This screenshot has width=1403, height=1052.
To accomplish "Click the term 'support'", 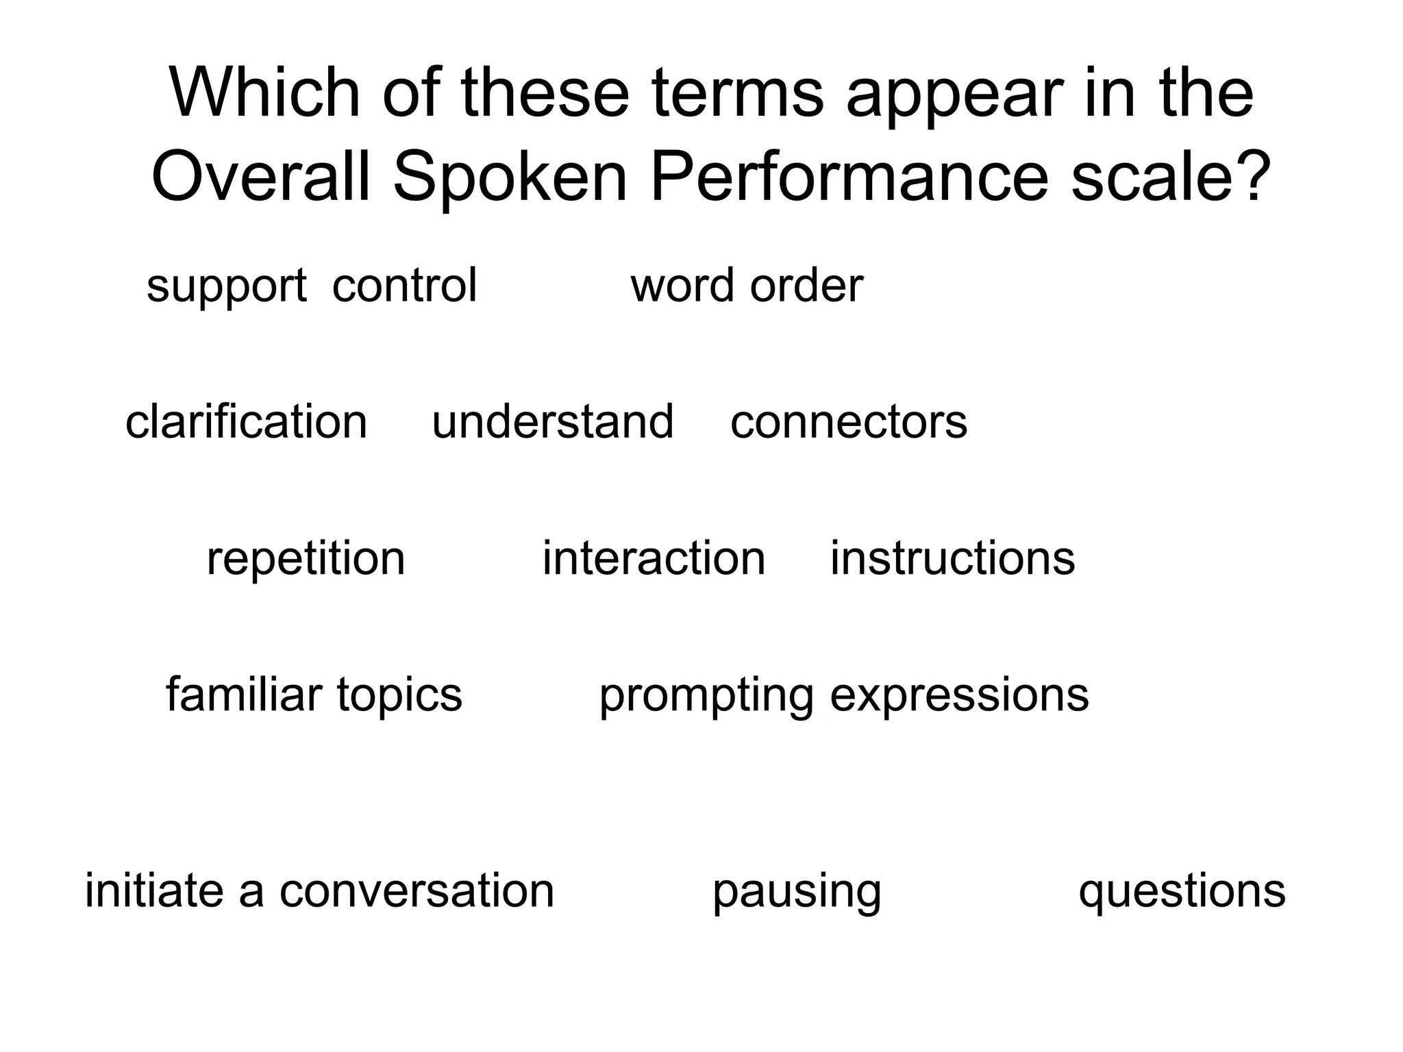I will click(x=226, y=286).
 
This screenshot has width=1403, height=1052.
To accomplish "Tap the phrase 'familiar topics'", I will click(x=314, y=694).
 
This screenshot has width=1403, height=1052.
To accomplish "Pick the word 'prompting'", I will click(x=706, y=696).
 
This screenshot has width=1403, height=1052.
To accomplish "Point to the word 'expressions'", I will click(x=959, y=696).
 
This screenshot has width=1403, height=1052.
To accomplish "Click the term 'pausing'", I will click(x=797, y=892).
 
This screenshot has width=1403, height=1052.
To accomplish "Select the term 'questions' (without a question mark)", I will click(x=1182, y=892).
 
